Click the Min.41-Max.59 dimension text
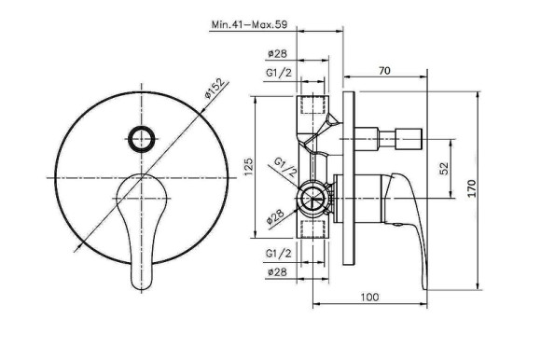click(x=249, y=24)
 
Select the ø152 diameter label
click(x=216, y=89)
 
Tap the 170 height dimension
click(x=472, y=188)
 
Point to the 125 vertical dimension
click(x=248, y=167)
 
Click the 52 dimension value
click(x=444, y=169)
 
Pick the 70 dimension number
click(x=384, y=71)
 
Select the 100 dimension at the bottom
click(x=369, y=297)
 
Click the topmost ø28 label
click(x=277, y=53)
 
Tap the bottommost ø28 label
click(x=277, y=272)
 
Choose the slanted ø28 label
click(x=276, y=217)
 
